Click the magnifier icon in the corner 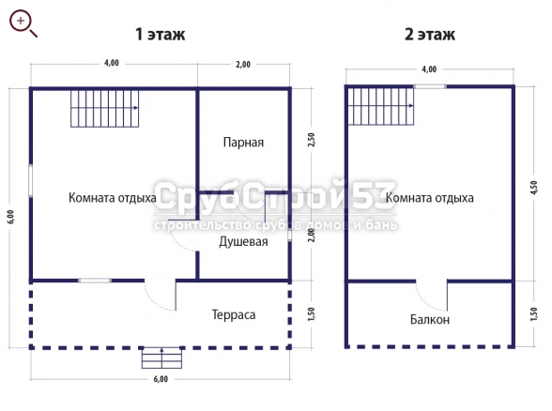[x=23, y=23]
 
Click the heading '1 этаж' [x=161, y=35]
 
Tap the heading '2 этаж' [x=430, y=35]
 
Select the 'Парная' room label [x=243, y=143]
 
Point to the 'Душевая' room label [x=243, y=242]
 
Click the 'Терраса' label [x=234, y=314]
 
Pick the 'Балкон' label [x=430, y=319]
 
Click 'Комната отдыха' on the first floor [x=113, y=198]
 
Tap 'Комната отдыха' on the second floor [x=430, y=198]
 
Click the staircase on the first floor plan [x=105, y=109]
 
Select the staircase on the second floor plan [x=381, y=106]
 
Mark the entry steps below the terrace [x=161, y=358]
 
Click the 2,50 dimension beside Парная [x=312, y=140]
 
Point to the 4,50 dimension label [x=533, y=188]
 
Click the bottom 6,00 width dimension [x=161, y=379]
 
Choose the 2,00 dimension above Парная [x=243, y=65]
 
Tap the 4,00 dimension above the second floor [x=429, y=69]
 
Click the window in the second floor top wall [x=430, y=86]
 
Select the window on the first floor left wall [x=31, y=180]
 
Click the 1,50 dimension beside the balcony [x=533, y=313]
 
